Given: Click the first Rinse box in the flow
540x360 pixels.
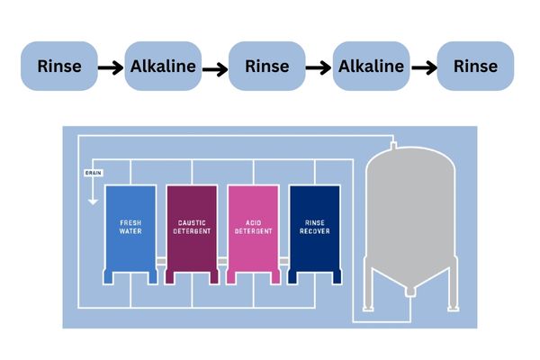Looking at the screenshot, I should click(59, 66).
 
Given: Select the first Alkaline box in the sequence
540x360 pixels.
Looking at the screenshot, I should click(163, 66).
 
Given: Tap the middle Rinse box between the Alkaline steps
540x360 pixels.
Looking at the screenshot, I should click(267, 66).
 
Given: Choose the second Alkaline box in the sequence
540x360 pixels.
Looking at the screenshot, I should click(372, 66).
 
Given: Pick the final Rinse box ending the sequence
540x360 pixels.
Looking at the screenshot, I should click(475, 66).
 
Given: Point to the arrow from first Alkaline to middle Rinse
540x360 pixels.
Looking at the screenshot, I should click(215, 67).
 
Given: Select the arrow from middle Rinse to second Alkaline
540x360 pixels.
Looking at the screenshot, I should click(319, 67).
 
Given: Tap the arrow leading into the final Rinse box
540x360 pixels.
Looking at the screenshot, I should click(423, 67).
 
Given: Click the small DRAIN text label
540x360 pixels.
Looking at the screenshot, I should click(92, 171).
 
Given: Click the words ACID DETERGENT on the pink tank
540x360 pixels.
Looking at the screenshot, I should click(253, 226).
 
